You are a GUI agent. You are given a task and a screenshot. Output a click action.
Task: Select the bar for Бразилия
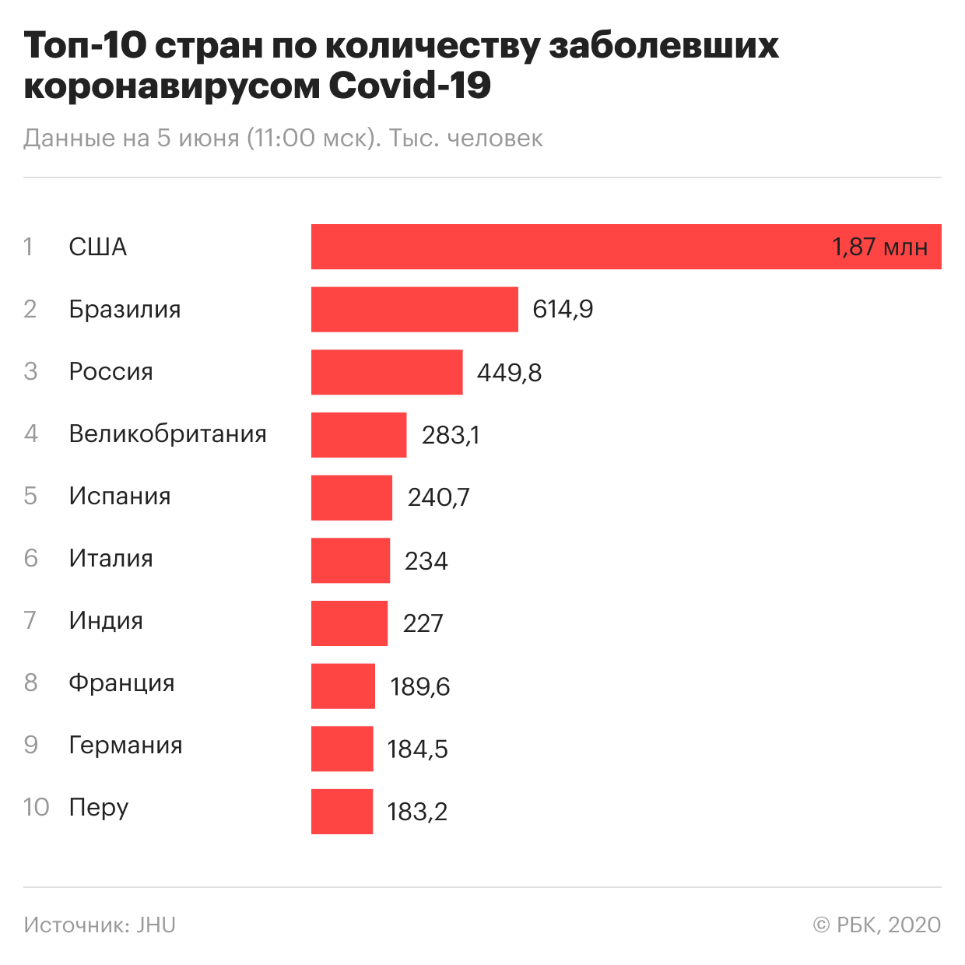pyautogui.click(x=414, y=309)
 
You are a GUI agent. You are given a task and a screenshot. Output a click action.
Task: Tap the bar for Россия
pyautogui.click(x=387, y=372)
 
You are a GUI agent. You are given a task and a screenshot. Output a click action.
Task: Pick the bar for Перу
pyautogui.click(x=342, y=812)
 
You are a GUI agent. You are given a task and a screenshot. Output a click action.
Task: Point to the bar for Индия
pyautogui.click(x=349, y=623)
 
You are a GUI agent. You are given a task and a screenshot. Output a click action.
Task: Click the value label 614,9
pyautogui.click(x=563, y=310)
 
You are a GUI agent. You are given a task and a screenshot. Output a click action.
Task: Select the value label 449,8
pyautogui.click(x=509, y=373)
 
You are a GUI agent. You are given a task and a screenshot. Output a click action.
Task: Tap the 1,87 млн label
pyautogui.click(x=879, y=247)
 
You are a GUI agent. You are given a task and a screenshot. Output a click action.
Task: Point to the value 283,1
pyautogui.click(x=451, y=435)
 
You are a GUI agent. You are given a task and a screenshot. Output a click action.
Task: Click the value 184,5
pyautogui.click(x=417, y=749)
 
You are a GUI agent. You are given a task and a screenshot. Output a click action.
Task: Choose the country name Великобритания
pyautogui.click(x=167, y=433)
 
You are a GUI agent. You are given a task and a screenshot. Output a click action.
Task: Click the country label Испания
pyautogui.click(x=120, y=496)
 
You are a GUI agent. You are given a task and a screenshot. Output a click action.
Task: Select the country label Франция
pyautogui.click(x=121, y=683)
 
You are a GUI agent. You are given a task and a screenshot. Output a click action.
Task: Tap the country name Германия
pyautogui.click(x=125, y=745)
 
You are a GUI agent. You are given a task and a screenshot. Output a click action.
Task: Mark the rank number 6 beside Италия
pyautogui.click(x=31, y=558)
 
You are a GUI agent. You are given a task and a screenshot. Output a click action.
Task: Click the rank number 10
pyautogui.click(x=36, y=807)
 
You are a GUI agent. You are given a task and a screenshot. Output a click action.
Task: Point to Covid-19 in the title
pyautogui.click(x=409, y=86)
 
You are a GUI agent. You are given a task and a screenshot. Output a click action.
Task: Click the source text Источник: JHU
pyautogui.click(x=100, y=925)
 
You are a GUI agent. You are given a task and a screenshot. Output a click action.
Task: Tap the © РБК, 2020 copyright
pyautogui.click(x=876, y=925)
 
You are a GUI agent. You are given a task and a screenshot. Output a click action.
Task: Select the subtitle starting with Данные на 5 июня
pyautogui.click(x=283, y=138)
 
